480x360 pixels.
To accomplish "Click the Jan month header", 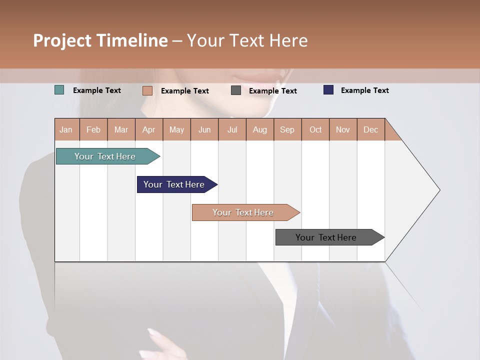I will point(66,129).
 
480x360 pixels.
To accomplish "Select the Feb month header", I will point(93,129).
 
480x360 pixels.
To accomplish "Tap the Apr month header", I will point(149,129).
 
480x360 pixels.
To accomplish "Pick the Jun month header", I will point(204,129).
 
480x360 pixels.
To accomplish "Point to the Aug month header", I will point(260,129).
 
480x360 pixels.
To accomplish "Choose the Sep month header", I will point(287,129).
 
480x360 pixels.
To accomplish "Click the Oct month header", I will point(315,129).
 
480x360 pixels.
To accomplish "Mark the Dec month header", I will point(371,129).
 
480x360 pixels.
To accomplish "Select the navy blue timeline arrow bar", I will point(175,184).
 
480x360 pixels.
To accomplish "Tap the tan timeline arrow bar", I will point(243,212).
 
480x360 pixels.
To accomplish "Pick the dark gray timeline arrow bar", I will point(327,237).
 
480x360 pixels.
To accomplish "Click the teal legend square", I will point(59,90).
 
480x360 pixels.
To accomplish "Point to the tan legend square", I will point(147,90).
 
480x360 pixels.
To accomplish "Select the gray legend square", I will point(236,90).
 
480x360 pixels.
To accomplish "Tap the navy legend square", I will point(328,90).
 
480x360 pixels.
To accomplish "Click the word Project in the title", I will point(62,40).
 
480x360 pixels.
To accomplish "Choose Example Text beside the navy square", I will point(364,90).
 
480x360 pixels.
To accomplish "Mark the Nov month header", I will point(343,129).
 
